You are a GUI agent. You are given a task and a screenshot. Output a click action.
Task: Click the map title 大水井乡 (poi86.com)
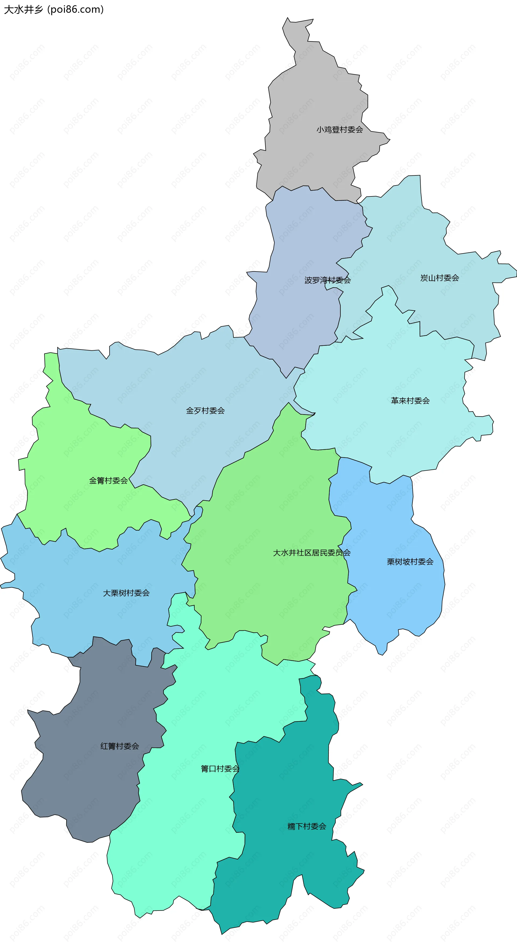pyautogui.click(x=54, y=9)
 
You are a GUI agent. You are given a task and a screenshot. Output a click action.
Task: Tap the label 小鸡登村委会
pyautogui.click(x=340, y=130)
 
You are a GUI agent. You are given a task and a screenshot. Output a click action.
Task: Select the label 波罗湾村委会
pyautogui.click(x=327, y=280)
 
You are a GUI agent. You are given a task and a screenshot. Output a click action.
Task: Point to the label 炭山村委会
pyautogui.click(x=439, y=278)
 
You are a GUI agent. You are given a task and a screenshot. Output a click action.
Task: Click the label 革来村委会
pyautogui.click(x=410, y=401)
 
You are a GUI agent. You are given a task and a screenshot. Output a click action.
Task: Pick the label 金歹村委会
pyautogui.click(x=205, y=411)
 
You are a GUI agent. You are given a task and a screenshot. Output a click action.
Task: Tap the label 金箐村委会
pyautogui.click(x=108, y=480)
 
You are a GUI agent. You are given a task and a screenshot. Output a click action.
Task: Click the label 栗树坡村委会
pyautogui.click(x=410, y=562)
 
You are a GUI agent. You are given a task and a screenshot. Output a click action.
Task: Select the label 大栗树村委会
pyautogui.click(x=126, y=593)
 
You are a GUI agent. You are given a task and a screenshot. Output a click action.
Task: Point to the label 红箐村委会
pyautogui.click(x=120, y=746)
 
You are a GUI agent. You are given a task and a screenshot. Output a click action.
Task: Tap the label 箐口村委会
pyautogui.click(x=220, y=769)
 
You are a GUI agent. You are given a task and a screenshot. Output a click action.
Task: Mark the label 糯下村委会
pyautogui.click(x=307, y=826)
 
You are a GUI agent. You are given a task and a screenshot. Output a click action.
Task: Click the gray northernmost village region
pyautogui.click(x=314, y=92)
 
